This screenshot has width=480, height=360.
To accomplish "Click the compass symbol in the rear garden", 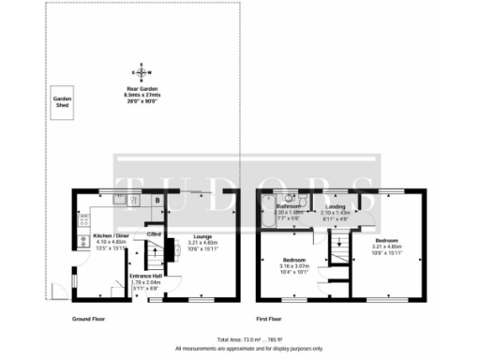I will pos(142,71).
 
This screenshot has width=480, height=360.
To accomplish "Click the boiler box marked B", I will pos(157,200).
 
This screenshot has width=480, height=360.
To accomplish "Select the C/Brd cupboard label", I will pos(155,233).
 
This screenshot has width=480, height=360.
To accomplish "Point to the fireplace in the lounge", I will pos(170,249).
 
